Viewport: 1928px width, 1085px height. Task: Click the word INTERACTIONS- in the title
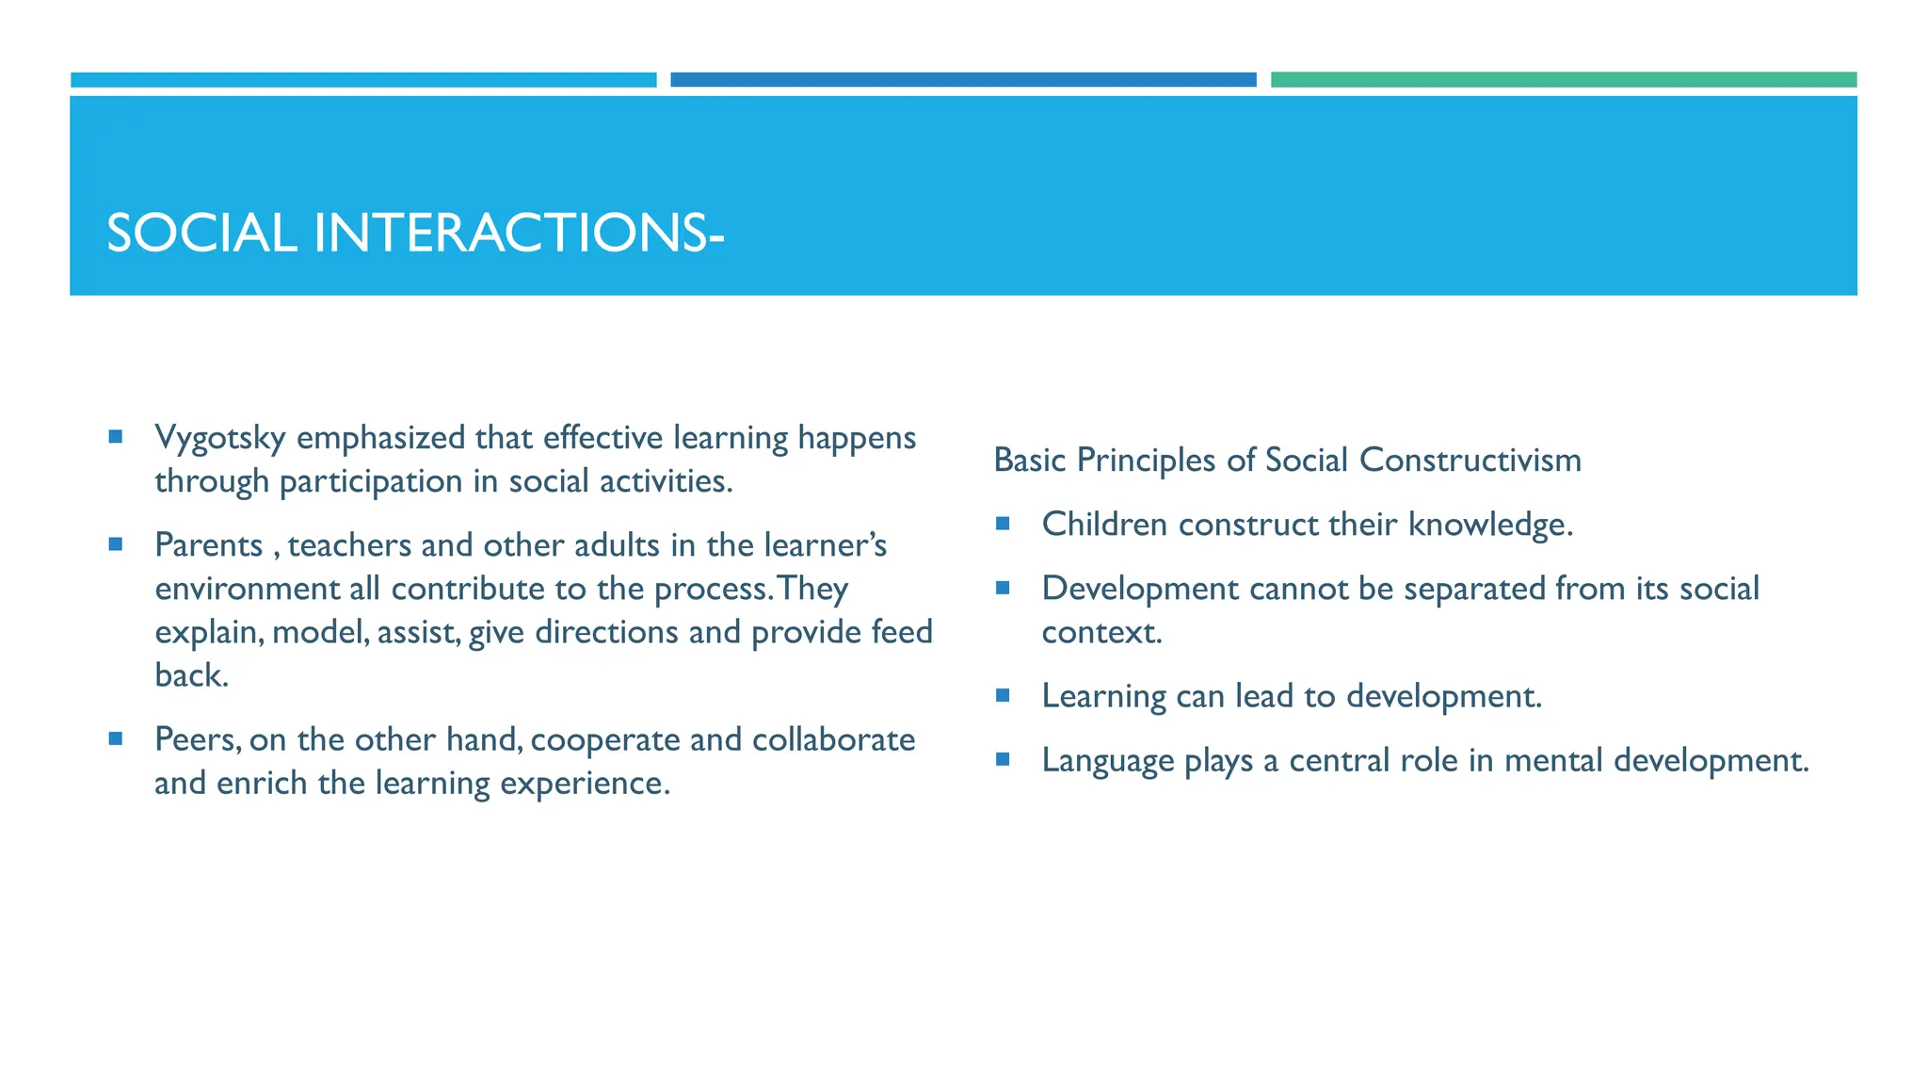[x=518, y=233]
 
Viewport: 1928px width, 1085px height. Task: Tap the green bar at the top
[x=1563, y=80]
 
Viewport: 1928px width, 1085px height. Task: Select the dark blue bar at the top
[x=962, y=80]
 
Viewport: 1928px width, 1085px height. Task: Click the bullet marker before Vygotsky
[x=115, y=436]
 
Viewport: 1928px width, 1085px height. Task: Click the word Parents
[x=208, y=545]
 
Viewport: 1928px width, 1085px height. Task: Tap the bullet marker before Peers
[x=115, y=738]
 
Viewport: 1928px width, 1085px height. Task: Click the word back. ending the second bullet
[x=191, y=675]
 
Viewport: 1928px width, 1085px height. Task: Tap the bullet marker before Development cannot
[x=1003, y=588]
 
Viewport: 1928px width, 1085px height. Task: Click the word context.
[x=1101, y=632]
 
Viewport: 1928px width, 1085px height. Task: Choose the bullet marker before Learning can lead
[x=1003, y=695]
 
